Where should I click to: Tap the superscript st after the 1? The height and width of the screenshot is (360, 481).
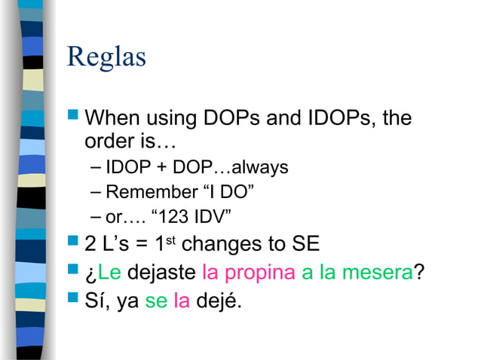coord(170,240)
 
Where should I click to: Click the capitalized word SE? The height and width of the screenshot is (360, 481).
coord(299,246)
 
